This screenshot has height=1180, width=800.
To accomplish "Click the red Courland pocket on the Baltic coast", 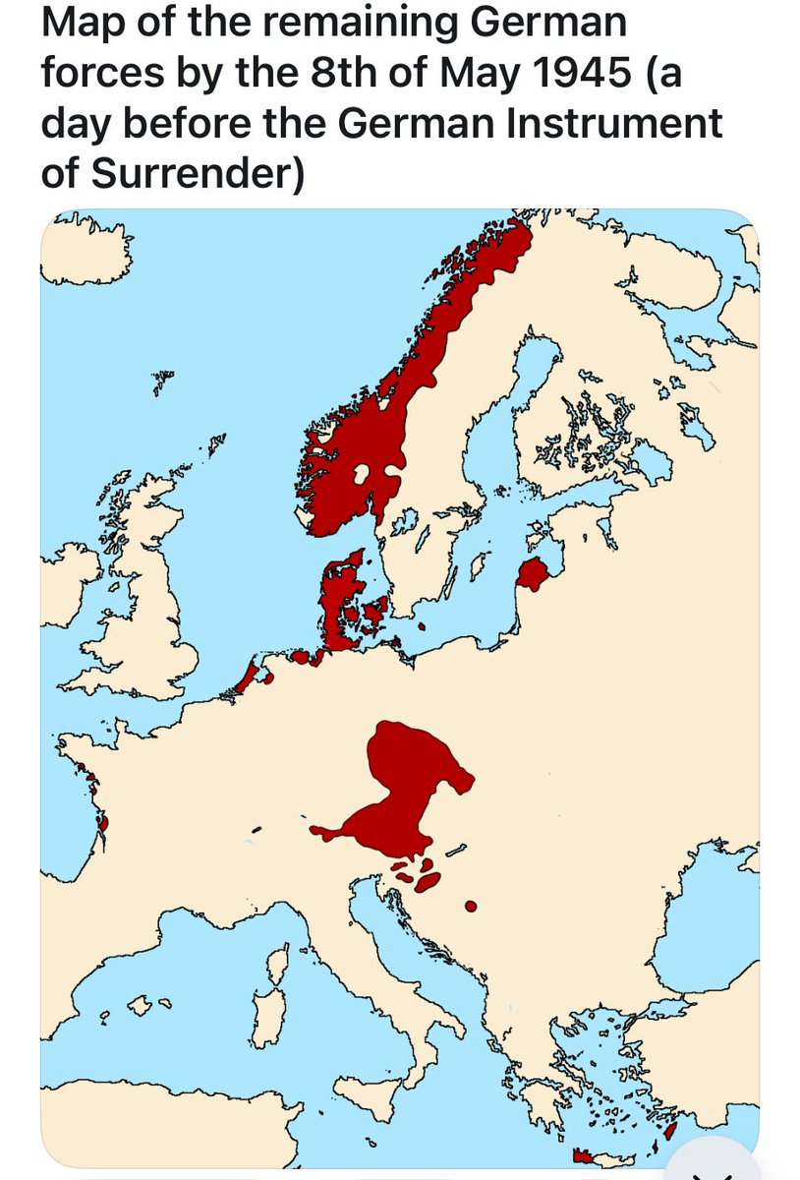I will tap(533, 572).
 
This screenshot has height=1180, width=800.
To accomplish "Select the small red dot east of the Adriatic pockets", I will tap(470, 905).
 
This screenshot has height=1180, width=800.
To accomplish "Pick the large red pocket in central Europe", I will tap(403, 787).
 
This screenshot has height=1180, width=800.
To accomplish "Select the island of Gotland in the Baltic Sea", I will tap(481, 565).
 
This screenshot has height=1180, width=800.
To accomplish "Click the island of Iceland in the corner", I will tap(84, 246).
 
